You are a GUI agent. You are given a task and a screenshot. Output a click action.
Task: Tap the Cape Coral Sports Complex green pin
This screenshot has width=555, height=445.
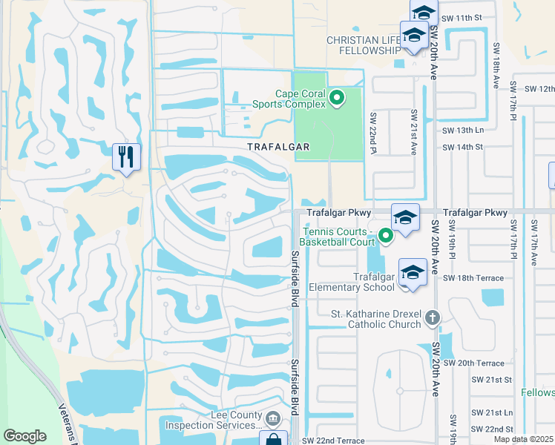tap(337, 97)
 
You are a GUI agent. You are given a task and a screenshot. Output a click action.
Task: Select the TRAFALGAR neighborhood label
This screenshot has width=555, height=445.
tap(278, 147)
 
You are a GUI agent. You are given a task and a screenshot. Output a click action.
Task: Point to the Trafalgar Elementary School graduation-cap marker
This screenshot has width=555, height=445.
tap(413, 272)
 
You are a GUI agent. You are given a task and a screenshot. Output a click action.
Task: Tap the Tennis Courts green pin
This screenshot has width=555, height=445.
tap(385, 237)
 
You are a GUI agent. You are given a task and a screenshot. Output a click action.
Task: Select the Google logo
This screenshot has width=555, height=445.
tap(24, 436)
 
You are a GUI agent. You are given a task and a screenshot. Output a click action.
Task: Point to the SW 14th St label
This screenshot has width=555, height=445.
tap(462, 147)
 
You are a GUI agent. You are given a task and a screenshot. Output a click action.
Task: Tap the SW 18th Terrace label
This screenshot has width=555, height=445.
tap(473, 278)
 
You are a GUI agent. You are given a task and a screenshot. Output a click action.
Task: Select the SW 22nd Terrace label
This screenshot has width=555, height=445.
tap(333, 441)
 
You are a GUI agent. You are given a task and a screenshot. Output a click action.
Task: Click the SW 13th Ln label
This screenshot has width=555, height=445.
tap(462, 130)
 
